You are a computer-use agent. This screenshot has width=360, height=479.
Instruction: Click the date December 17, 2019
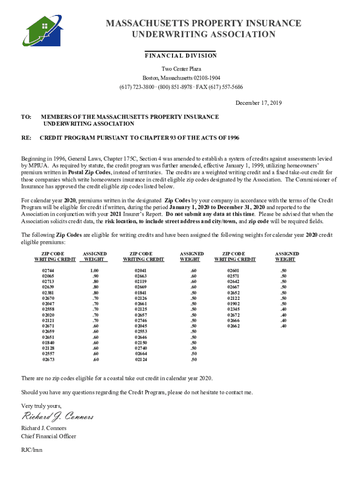click(x=259, y=103)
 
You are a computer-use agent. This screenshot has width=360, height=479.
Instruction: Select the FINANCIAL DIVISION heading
click(x=180, y=56)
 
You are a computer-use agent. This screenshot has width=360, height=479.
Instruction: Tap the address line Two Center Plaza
click(x=181, y=69)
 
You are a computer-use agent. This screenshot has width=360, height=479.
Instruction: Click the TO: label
click(x=26, y=117)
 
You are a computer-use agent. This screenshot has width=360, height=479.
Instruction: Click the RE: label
click(x=26, y=138)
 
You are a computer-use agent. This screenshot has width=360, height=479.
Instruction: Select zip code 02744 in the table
click(x=48, y=271)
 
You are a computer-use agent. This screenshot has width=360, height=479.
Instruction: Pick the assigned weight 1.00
click(x=94, y=271)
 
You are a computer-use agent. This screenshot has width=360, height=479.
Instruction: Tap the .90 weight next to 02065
click(x=95, y=276)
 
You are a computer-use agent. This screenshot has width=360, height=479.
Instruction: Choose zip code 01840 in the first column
click(x=48, y=342)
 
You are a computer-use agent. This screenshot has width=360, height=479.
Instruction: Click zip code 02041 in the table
click(x=141, y=271)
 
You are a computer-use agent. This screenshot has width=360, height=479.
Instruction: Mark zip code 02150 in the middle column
click(x=141, y=342)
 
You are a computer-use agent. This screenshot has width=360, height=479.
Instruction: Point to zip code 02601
click(x=233, y=271)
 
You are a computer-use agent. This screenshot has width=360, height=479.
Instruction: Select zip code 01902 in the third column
click(x=233, y=304)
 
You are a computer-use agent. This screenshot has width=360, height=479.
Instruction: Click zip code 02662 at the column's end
click(x=233, y=326)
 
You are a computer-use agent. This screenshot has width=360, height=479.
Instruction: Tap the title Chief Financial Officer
click(x=49, y=436)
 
